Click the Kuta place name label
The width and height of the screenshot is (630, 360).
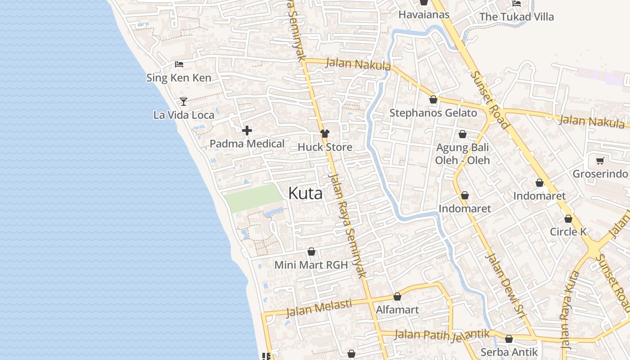click(305, 193)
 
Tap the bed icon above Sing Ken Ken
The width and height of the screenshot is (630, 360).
click(179, 64)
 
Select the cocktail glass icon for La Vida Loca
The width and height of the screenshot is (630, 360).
click(184, 101)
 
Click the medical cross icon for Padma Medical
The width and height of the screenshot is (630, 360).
click(247, 131)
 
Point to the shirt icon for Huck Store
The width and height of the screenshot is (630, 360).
click(324, 134)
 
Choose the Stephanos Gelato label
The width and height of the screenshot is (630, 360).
click(433, 113)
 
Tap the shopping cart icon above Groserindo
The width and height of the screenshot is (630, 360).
click(600, 161)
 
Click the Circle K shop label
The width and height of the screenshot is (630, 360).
click(568, 232)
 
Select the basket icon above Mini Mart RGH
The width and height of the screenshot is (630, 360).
click(311, 252)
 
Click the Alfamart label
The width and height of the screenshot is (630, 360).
click(397, 310)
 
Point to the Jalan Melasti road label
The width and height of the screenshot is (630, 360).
click(319, 308)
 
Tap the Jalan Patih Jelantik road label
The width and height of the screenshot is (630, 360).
click(442, 334)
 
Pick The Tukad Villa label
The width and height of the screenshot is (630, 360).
click(516, 17)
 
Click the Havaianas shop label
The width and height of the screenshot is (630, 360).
click(424, 14)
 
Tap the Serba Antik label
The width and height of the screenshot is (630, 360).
click(509, 352)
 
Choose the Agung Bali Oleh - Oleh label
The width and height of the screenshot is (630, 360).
click(462, 154)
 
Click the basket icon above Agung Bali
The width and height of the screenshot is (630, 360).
click(462, 134)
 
